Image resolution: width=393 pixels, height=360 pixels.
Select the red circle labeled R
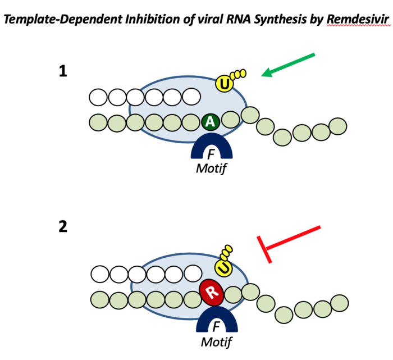click(x=211, y=292)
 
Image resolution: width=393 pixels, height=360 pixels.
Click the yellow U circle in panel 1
click(x=225, y=85)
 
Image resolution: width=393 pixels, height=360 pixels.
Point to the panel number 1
click(x=63, y=71)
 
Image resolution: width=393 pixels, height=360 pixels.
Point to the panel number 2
click(x=63, y=228)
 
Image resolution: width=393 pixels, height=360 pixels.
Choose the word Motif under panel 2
click(x=213, y=341)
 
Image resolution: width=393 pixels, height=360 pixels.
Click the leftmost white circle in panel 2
click(x=100, y=275)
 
